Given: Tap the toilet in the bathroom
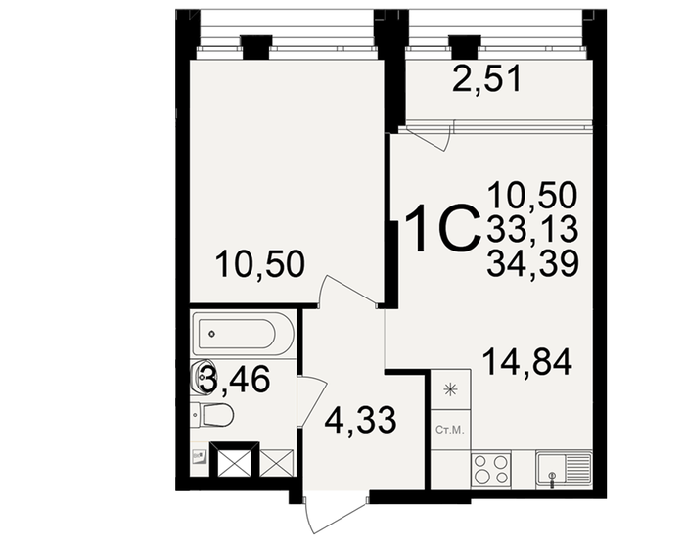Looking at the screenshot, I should point(214,416).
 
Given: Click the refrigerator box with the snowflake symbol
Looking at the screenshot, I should point(450,390).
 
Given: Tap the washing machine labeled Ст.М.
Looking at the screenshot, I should point(449,431).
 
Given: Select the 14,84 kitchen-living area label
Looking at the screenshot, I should point(526,363).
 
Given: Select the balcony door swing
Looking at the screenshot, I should point(428,137).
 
